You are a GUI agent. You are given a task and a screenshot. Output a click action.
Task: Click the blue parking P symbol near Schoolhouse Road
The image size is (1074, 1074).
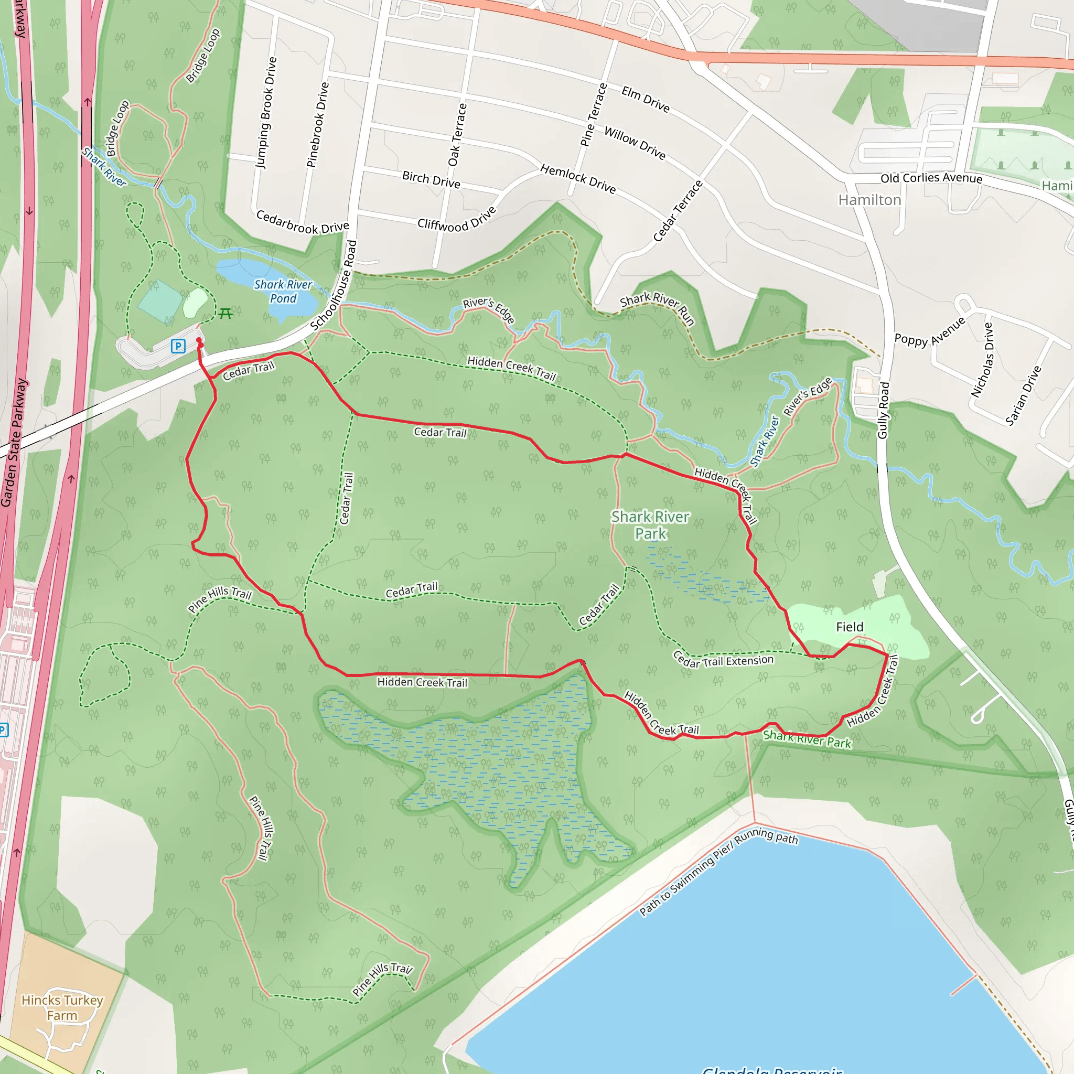tap(178, 346)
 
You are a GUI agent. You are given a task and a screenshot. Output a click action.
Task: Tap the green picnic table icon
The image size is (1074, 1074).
tap(225, 314)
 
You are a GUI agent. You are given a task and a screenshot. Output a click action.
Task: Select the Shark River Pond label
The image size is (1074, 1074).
tap(283, 291)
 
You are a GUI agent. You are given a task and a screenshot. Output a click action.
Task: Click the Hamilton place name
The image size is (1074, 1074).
tap(869, 200)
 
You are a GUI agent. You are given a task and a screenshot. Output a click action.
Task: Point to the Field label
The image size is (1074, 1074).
tap(850, 627)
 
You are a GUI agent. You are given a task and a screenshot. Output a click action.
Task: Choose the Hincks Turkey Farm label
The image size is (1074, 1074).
tap(62, 1007)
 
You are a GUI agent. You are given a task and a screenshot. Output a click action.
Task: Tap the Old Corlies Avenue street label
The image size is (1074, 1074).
tap(931, 178)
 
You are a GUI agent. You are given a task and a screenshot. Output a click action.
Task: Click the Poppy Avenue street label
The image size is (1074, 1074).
tap(929, 332)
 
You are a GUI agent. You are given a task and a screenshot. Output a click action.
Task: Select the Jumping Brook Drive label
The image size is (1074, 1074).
tap(266, 112)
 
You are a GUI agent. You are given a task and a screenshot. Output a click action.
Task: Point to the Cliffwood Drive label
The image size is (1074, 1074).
tap(456, 219)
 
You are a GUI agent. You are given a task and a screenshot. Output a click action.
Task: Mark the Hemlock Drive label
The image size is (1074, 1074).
tap(578, 179)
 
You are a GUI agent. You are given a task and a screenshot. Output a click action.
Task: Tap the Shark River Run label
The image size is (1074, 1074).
tap(658, 307)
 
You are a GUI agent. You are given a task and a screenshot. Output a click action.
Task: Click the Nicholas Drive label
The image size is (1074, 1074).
tap(982, 360)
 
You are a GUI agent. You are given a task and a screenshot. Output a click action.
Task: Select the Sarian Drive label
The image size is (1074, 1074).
tap(1023, 395)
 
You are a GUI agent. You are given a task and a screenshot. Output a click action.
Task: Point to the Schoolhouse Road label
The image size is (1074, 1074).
tap(334, 285)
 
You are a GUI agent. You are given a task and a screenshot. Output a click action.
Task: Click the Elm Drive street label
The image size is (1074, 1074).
tap(646, 99)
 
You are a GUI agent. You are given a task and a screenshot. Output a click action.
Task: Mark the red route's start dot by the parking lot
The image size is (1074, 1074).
tap(199, 340)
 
